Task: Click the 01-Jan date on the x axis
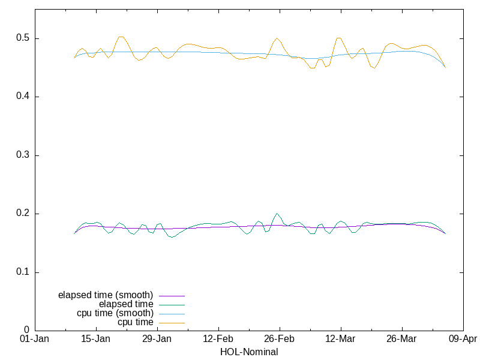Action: click(x=35, y=339)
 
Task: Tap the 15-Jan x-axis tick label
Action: click(x=96, y=339)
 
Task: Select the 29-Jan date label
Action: click(x=157, y=339)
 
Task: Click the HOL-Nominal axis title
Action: click(x=249, y=352)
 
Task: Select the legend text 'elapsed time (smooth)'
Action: click(x=106, y=295)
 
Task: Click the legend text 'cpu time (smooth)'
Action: click(x=115, y=313)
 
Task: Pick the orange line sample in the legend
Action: click(x=171, y=323)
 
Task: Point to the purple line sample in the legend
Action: click(x=171, y=296)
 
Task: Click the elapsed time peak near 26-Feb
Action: click(x=277, y=213)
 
